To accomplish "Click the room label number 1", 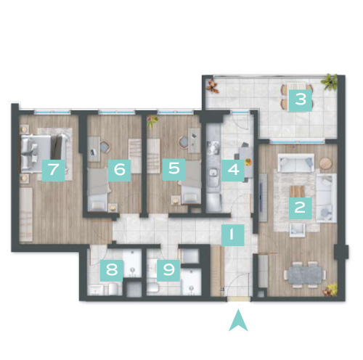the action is click(x=232, y=235).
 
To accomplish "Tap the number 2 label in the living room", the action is click(x=301, y=208).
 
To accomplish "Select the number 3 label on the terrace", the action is click(x=301, y=100).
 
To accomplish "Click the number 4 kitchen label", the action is click(x=233, y=170).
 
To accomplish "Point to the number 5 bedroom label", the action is click(x=174, y=169).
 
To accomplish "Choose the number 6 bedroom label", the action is click(x=120, y=171).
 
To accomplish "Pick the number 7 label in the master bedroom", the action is click(x=54, y=171).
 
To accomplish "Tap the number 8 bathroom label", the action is click(x=112, y=270).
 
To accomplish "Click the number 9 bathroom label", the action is click(x=168, y=270).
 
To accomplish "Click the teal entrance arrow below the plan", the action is click(x=238, y=320).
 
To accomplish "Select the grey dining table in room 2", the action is click(x=305, y=274).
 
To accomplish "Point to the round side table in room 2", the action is click(x=326, y=163).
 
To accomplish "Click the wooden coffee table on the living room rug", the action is click(x=297, y=191).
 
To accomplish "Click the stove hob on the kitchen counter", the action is click(x=213, y=148).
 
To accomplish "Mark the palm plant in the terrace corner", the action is click(x=330, y=81).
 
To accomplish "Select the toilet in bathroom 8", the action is click(x=113, y=289).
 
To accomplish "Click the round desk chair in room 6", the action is click(x=105, y=147).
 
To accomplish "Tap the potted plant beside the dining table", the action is click(x=330, y=290).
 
